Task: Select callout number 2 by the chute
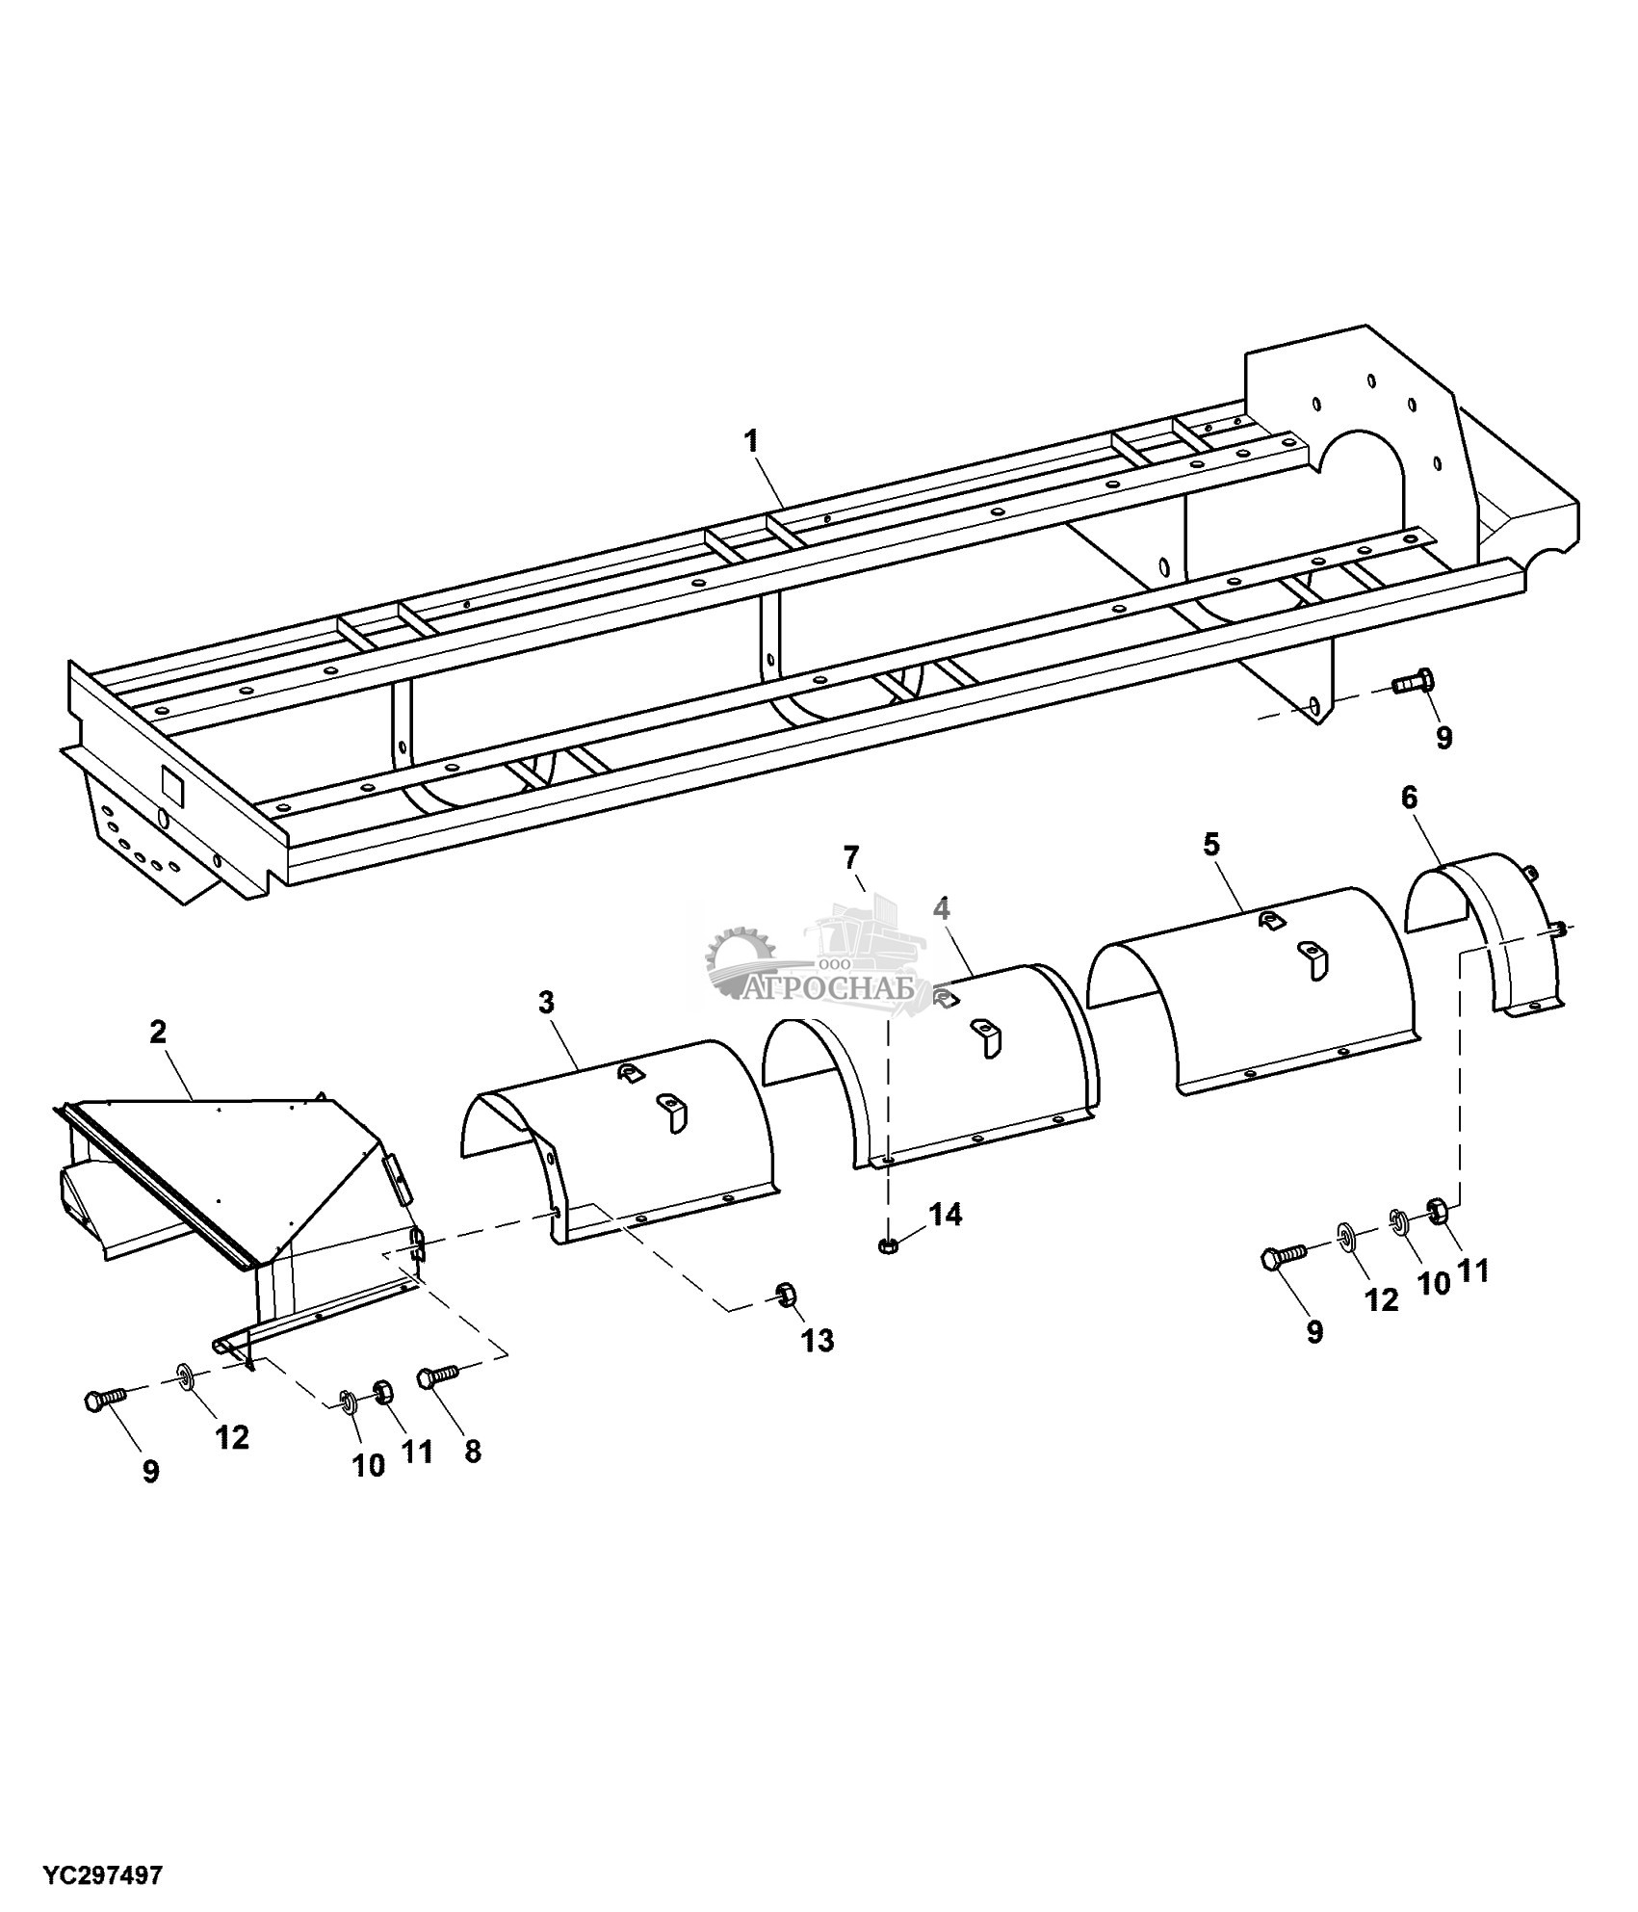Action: coord(158,1032)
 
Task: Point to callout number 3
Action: coord(547,1003)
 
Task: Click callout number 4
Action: coord(942,908)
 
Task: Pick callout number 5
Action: coord(1210,845)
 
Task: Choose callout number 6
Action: coord(1409,798)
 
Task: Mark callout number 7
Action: coord(850,857)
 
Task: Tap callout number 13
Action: coord(818,1340)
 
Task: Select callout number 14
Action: coord(945,1215)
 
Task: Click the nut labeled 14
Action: coord(887,1247)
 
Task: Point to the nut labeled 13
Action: coord(785,1295)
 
